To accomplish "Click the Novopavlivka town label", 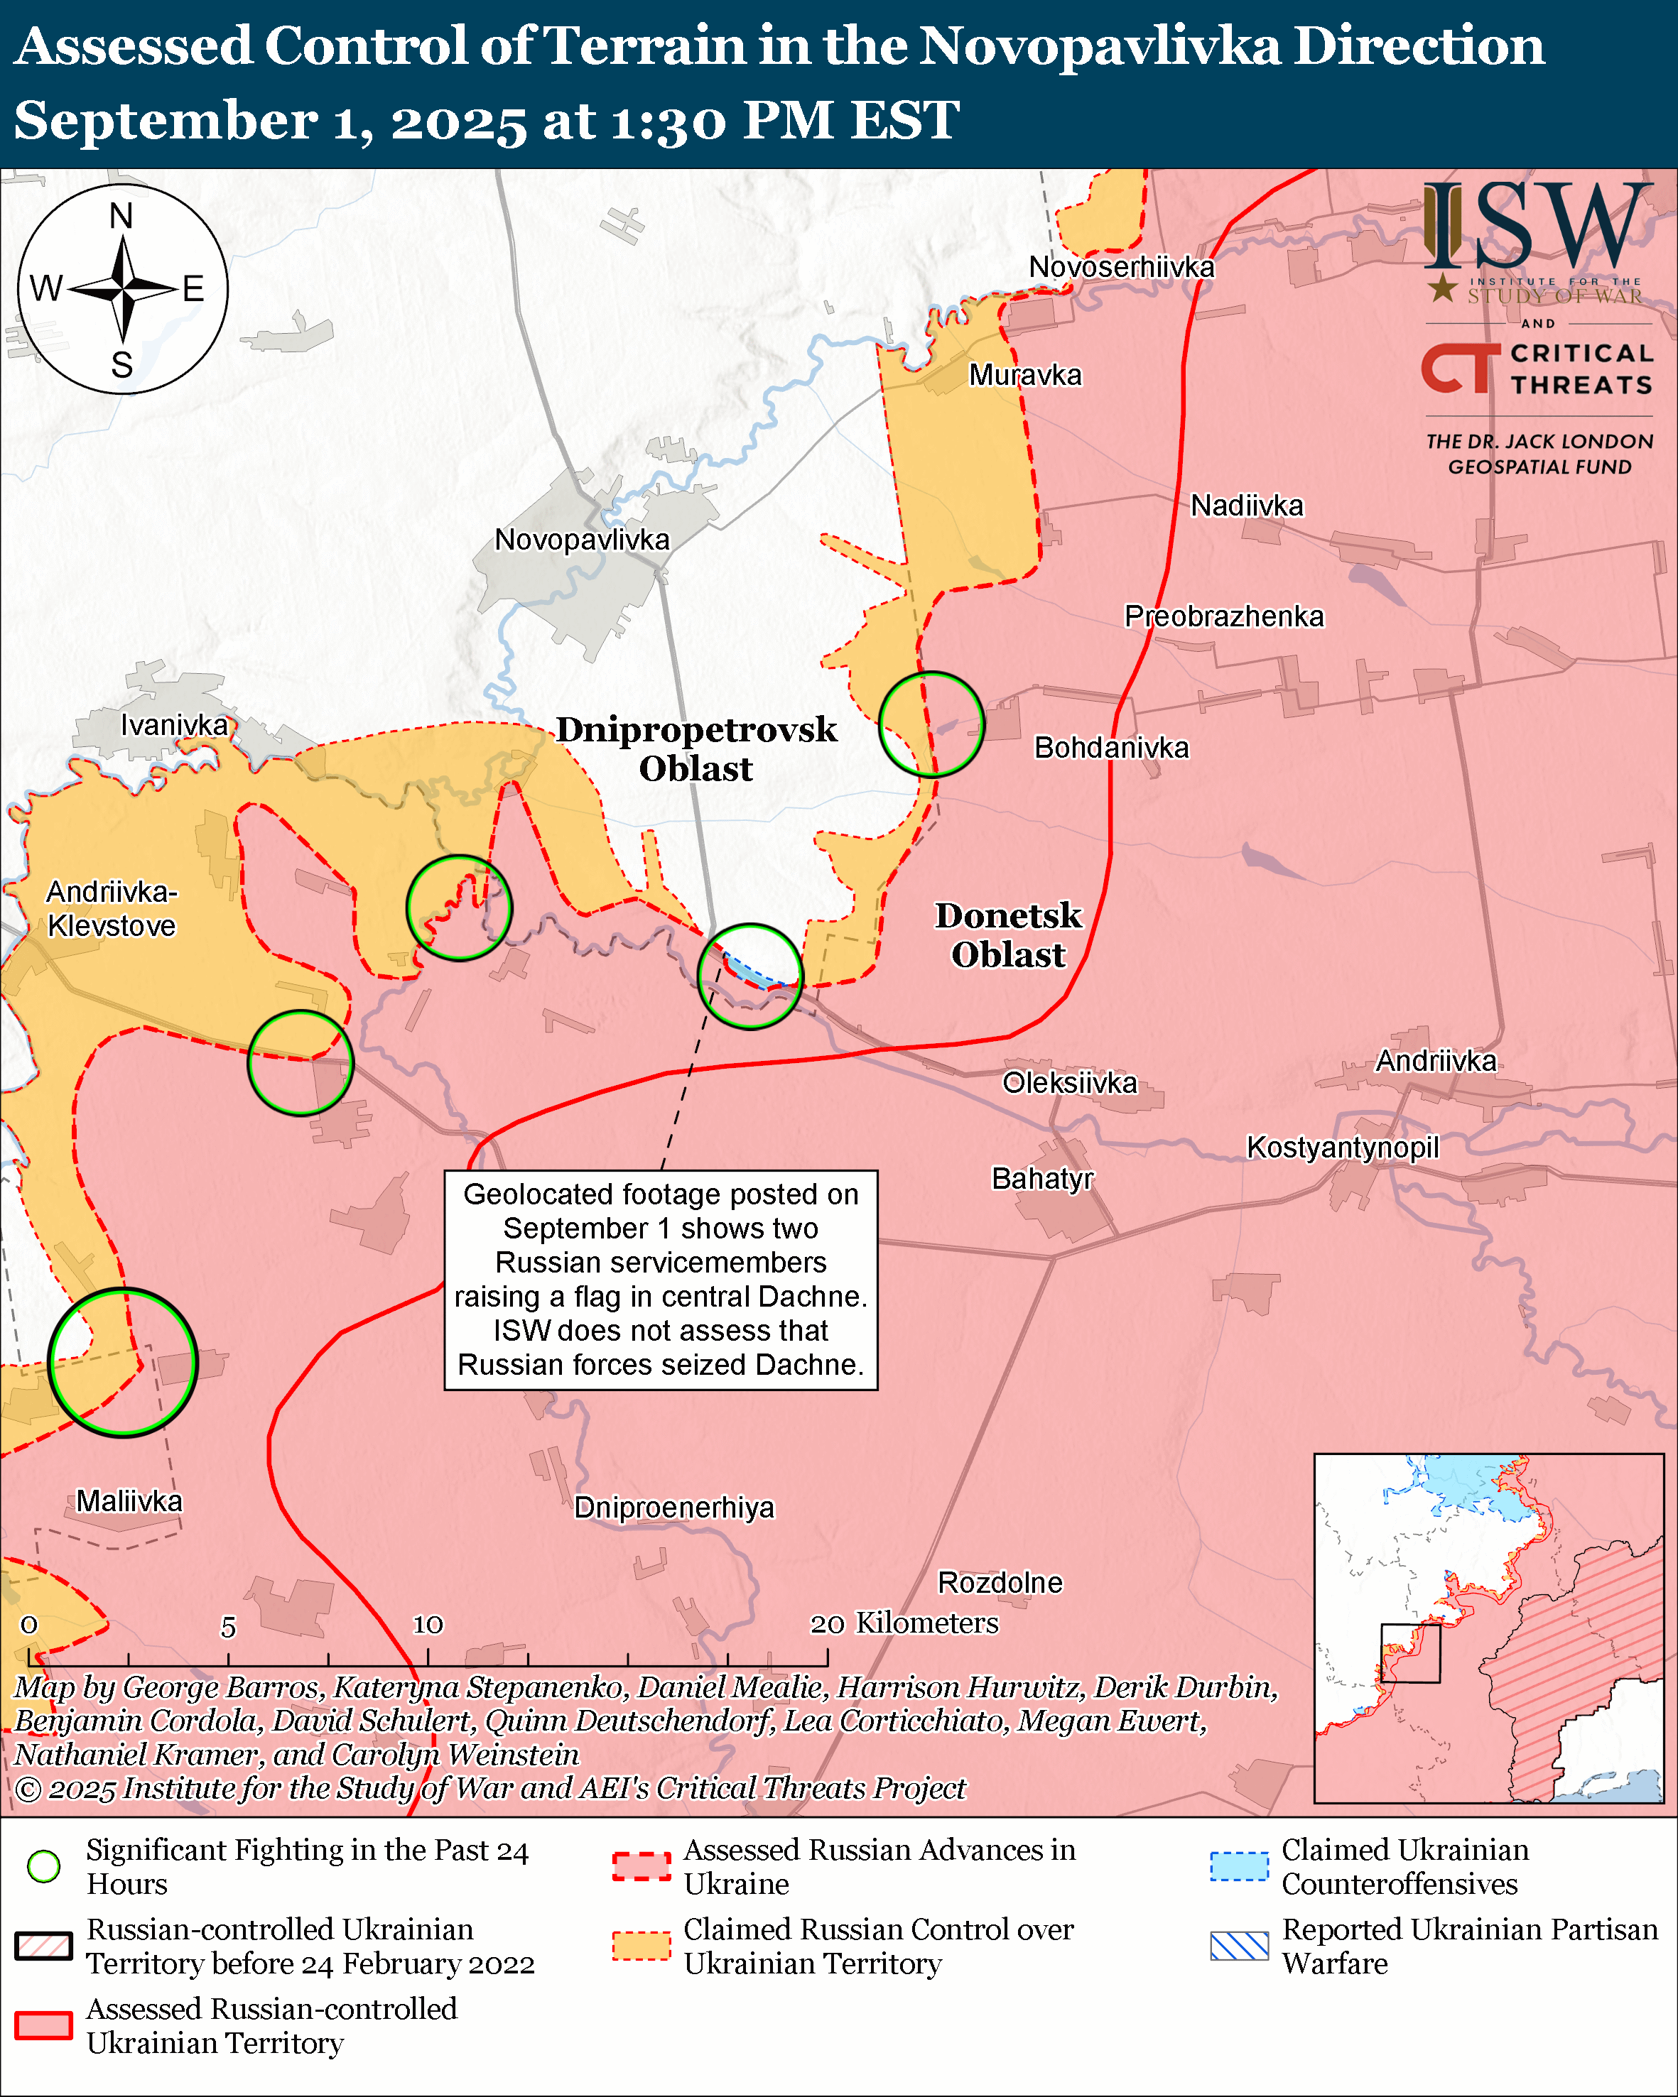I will [582, 540].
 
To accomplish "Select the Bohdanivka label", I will [1111, 748].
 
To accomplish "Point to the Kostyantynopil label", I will [1343, 1147].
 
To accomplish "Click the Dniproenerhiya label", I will [674, 1508].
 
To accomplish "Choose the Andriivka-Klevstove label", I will [112, 908].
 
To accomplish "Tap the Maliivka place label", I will [129, 1500].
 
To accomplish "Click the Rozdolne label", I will [1000, 1582].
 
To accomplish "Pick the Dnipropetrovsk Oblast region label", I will [695, 749].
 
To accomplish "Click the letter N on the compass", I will [121, 216].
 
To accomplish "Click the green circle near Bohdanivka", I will [931, 724].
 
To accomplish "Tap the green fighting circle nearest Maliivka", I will [123, 1363].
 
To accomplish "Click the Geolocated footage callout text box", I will [661, 1279].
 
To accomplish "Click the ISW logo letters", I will [1537, 226].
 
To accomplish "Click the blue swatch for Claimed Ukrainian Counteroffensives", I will [1239, 1866].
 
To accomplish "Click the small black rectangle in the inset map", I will [1410, 1652].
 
